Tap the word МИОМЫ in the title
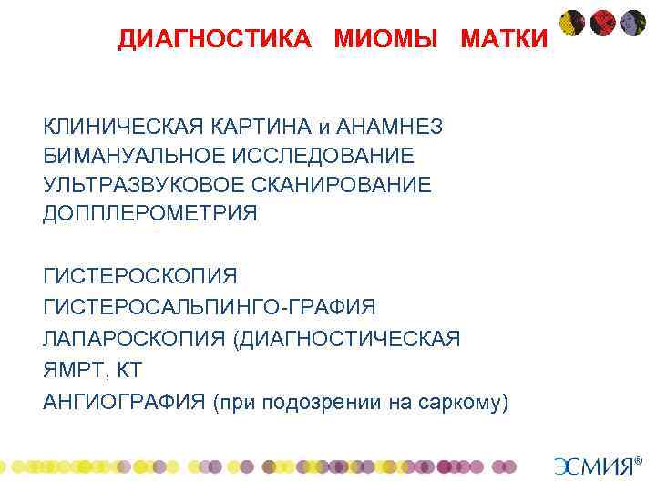[389, 39]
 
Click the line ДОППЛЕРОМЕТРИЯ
[150, 214]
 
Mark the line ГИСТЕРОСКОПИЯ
[139, 276]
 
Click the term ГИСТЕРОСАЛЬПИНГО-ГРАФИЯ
[209, 308]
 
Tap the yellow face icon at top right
[572, 22]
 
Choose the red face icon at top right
[602, 22]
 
